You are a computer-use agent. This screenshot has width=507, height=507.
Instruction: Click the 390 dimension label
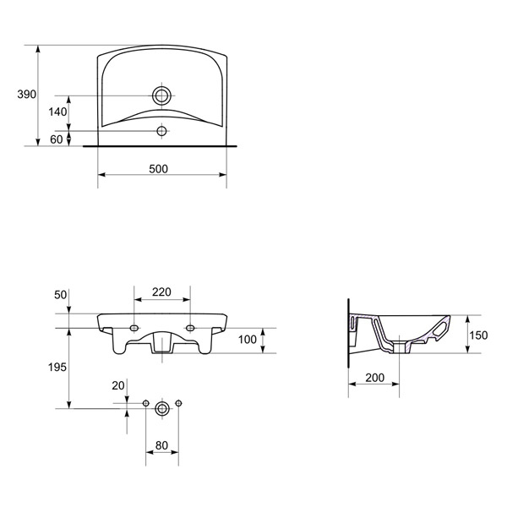click(x=27, y=95)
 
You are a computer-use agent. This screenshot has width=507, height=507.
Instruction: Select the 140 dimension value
click(x=57, y=112)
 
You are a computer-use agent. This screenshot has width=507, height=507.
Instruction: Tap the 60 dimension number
click(x=57, y=139)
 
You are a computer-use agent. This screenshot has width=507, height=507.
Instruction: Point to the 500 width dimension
click(x=159, y=169)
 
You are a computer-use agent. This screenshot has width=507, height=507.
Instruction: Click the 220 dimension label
click(x=161, y=292)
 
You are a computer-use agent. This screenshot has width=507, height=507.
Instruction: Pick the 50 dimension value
click(x=61, y=295)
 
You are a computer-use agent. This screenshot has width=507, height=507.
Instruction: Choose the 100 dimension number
click(x=248, y=340)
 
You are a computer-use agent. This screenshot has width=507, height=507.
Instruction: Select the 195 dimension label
click(x=57, y=367)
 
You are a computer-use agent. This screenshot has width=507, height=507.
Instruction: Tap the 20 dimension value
click(x=118, y=385)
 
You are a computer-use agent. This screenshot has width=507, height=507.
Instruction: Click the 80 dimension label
click(x=161, y=445)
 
